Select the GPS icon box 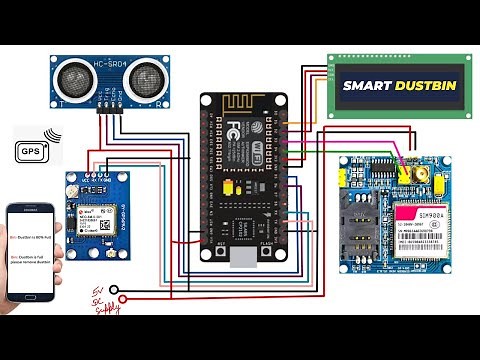(x=31, y=150)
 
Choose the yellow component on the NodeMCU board (x=229, y=187)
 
